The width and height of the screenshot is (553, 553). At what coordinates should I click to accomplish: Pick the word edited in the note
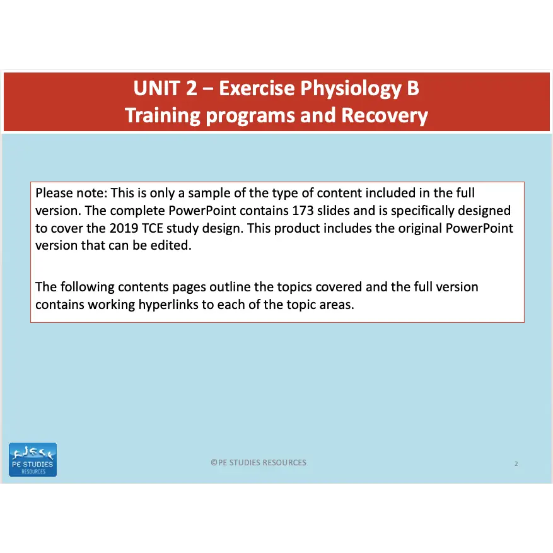coord(172,245)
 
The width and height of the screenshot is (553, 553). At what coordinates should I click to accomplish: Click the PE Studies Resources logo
coord(33,460)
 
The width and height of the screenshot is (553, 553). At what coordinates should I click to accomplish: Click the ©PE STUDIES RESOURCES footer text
coord(259,462)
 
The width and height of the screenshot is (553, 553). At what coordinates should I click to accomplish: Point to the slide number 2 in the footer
coord(516,464)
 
